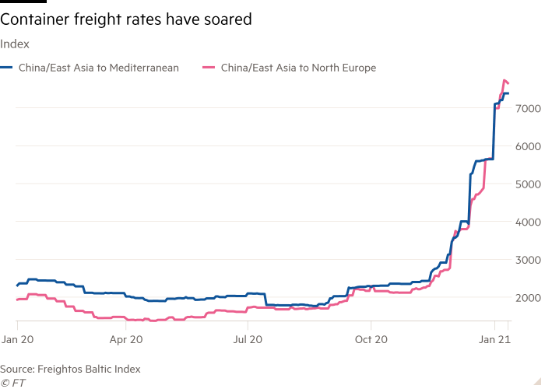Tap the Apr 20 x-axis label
[x=126, y=339]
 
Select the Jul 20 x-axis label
[x=248, y=339]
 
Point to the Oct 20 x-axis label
[x=371, y=339]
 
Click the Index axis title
[x=15, y=44]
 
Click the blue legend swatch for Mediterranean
[x=6, y=68]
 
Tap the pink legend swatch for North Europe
[x=207, y=68]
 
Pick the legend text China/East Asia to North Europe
[x=298, y=68]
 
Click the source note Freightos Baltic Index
[x=70, y=368]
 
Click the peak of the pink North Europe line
[x=505, y=80]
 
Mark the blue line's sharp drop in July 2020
[x=265, y=300]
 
